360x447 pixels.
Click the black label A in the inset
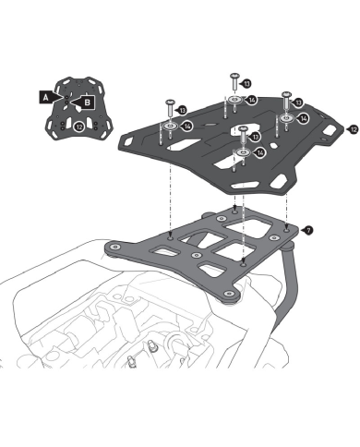click(x=46, y=98)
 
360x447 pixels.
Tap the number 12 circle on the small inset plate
click(x=79, y=127)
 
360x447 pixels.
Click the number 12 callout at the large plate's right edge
click(x=353, y=130)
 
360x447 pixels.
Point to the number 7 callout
click(x=307, y=230)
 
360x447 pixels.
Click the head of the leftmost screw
click(x=170, y=102)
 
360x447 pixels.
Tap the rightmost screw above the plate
click(x=287, y=100)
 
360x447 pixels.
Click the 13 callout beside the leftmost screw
click(x=181, y=110)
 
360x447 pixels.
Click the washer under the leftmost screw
click(x=170, y=126)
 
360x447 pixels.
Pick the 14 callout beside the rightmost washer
click(x=302, y=118)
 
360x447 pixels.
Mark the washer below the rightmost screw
click(x=287, y=118)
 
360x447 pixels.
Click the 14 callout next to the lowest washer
click(x=258, y=152)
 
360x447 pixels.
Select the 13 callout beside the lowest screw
click(x=254, y=137)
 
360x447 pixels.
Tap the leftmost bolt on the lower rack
click(x=115, y=247)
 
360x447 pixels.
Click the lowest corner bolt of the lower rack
click(x=228, y=294)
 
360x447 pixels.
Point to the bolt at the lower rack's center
click(x=197, y=255)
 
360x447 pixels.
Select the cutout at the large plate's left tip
click(x=128, y=141)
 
